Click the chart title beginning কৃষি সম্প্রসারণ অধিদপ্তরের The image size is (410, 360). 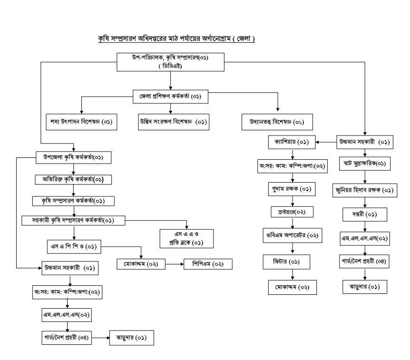(176, 39)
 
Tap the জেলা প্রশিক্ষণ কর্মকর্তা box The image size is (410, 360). (170, 97)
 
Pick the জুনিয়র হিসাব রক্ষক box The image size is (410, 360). (364, 190)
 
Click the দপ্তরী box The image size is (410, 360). (364, 214)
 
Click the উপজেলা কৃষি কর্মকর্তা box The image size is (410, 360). (73, 157)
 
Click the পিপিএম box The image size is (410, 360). (208, 264)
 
